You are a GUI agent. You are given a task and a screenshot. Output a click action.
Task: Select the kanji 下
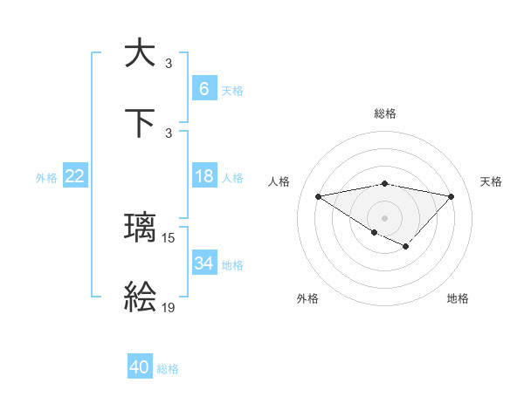coord(140,123)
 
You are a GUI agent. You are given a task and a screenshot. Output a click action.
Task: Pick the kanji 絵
coord(140,298)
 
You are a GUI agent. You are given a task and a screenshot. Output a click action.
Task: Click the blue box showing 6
coord(203,89)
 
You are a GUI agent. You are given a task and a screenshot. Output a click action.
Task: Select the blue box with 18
coord(203,177)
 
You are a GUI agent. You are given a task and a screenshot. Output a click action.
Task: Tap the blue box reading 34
coord(203,263)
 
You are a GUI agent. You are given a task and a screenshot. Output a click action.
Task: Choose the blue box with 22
coord(75,177)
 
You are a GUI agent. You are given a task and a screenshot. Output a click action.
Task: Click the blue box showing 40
coord(140,367)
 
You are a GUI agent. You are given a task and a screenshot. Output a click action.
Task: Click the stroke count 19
coord(169,308)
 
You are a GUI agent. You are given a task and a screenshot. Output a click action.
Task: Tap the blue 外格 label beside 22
coord(46,178)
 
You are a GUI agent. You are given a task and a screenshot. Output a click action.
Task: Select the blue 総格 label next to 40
coord(168,369)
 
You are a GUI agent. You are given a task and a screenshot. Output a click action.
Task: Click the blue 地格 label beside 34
coord(232,264)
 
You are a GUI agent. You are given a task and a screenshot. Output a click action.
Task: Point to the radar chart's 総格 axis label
coord(385,113)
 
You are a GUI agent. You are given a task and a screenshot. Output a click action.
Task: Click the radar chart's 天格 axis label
coord(492,181)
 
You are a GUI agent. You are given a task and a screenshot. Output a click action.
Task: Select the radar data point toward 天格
coord(451,196)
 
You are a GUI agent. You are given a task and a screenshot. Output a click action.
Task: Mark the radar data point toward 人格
coord(319,195)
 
